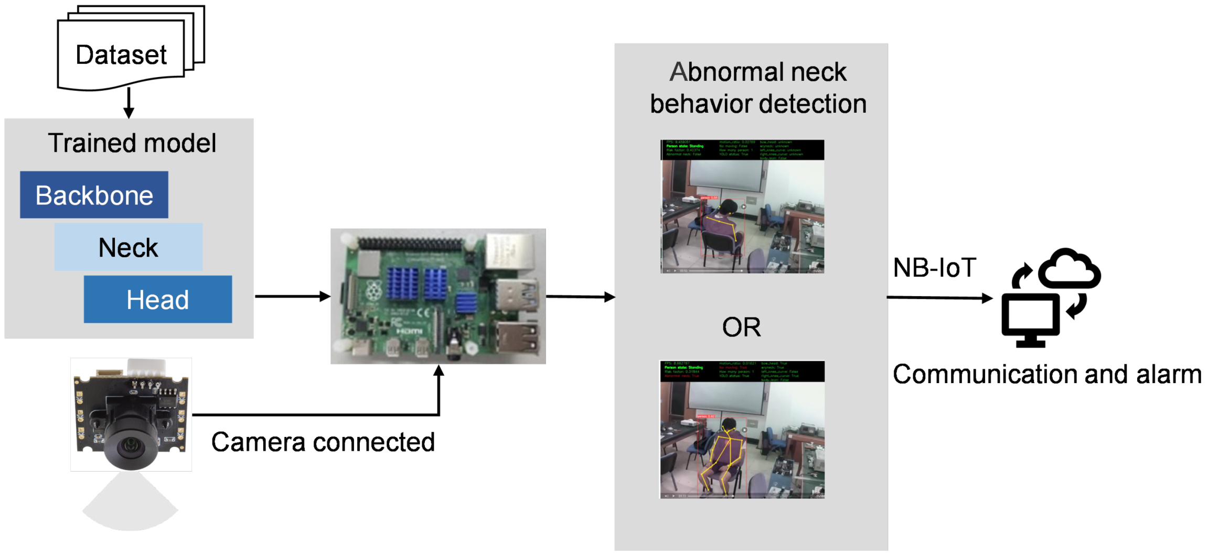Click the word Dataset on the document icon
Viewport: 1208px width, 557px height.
[121, 55]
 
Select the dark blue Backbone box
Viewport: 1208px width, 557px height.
[94, 195]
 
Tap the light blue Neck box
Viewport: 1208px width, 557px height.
[129, 247]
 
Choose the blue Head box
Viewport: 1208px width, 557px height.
[157, 300]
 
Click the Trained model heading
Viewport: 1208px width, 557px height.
[132, 143]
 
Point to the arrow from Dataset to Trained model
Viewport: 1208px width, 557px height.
[129, 103]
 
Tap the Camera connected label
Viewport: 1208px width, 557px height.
[323, 442]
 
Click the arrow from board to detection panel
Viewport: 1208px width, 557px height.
[580, 297]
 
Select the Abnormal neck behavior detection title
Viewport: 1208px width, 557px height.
[757, 88]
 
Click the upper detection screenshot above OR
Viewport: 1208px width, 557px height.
[742, 206]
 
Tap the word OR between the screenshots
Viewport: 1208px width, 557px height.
[741, 327]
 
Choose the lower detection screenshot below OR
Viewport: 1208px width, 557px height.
[742, 430]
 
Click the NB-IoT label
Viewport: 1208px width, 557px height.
[934, 268]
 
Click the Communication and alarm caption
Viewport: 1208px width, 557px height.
[1047, 375]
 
